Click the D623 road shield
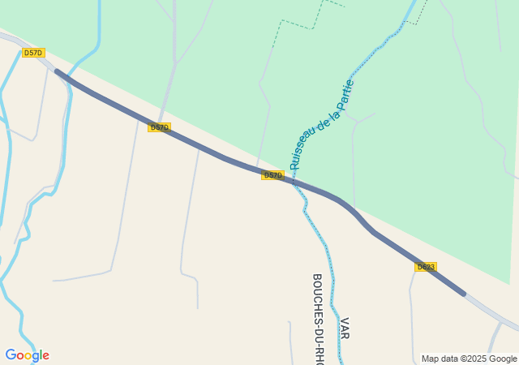click(x=426, y=267)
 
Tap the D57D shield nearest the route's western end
click(x=33, y=53)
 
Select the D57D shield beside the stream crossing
click(x=272, y=175)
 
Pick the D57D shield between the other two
click(x=159, y=127)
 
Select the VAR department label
click(x=345, y=328)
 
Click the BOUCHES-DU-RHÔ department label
click(x=318, y=318)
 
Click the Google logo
click(x=27, y=355)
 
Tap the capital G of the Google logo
click(x=11, y=355)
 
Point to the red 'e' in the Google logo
click(x=45, y=356)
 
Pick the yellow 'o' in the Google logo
click(x=28, y=356)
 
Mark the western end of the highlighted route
click(x=57, y=71)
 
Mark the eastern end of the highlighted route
click(x=464, y=293)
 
